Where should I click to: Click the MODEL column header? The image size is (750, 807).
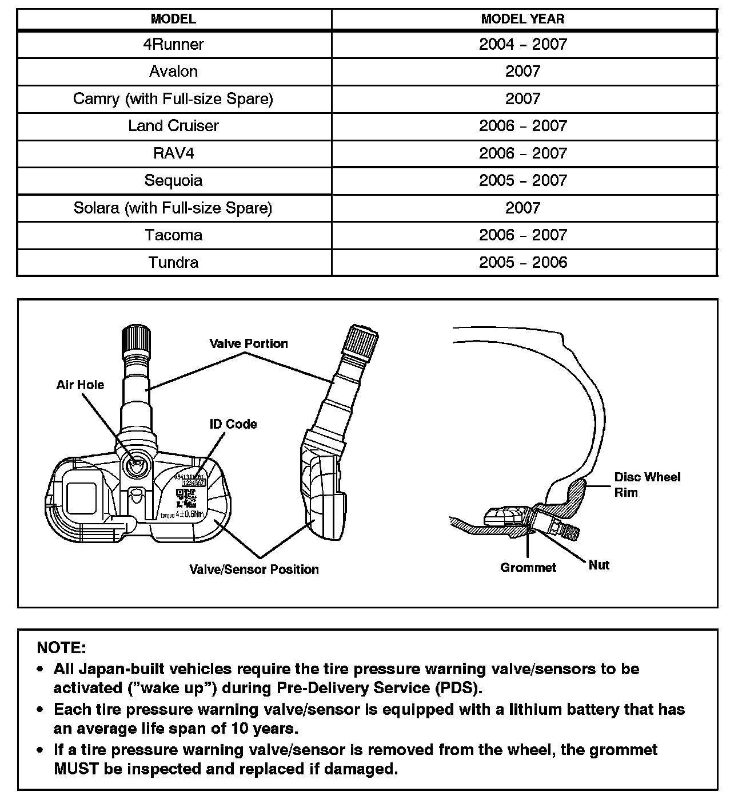click(x=173, y=19)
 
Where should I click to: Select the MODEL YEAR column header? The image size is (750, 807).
click(x=522, y=19)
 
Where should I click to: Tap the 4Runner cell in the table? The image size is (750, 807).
click(x=173, y=44)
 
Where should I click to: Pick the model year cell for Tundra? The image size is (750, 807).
click(x=522, y=262)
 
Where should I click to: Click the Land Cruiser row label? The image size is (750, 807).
click(x=173, y=126)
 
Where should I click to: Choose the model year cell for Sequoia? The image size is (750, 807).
click(x=522, y=180)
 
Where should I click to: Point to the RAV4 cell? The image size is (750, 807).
click(x=173, y=153)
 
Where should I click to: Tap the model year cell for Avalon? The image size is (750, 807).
click(x=522, y=72)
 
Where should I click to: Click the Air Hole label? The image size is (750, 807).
click(x=80, y=385)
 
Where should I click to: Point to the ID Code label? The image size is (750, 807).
click(x=233, y=424)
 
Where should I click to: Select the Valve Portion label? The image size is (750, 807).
click(x=248, y=343)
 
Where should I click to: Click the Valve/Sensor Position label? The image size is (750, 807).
click(x=254, y=569)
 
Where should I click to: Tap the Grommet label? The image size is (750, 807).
click(x=528, y=568)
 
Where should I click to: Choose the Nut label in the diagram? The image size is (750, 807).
click(x=599, y=565)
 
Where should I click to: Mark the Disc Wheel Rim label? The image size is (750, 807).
click(x=647, y=485)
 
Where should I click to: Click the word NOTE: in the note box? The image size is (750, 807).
click(x=61, y=648)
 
